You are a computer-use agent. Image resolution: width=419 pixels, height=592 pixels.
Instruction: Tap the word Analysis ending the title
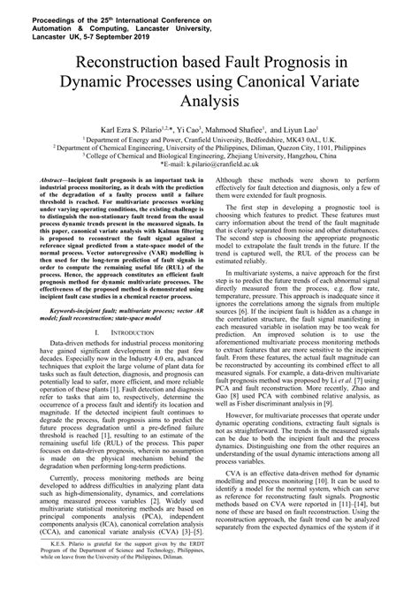[210, 102]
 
